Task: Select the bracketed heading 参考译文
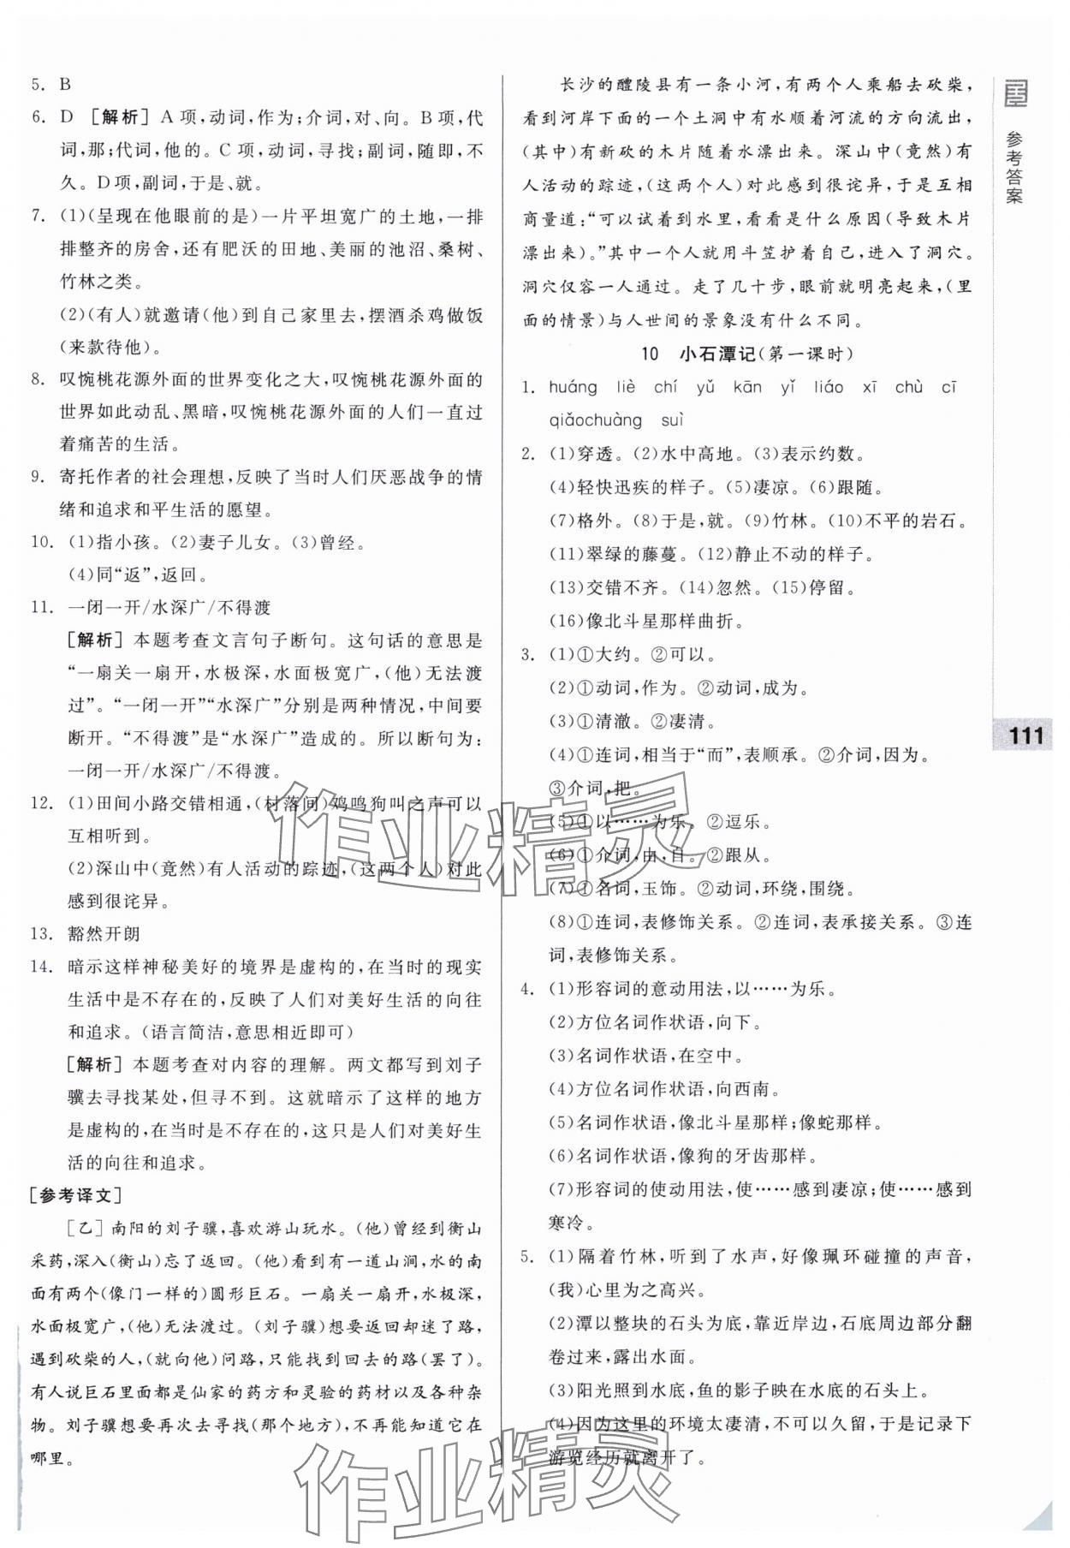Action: [75, 1196]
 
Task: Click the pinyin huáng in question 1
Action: [574, 388]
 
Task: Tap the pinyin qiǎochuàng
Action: [595, 420]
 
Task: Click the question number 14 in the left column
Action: [41, 967]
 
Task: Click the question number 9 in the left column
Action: [38, 477]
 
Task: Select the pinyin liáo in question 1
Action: [827, 388]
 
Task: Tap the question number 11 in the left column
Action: [41, 608]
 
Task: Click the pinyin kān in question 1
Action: [747, 388]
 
